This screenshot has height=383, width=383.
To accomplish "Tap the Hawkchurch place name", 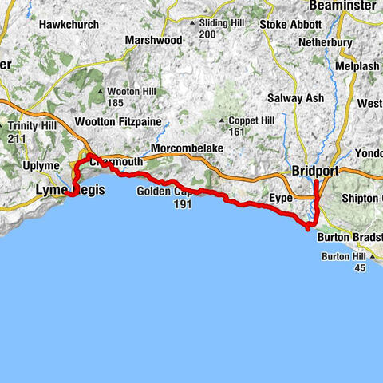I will tap(69, 25).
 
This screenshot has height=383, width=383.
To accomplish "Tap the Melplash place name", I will tap(360, 66).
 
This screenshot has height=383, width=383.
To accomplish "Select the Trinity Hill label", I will tap(28, 126).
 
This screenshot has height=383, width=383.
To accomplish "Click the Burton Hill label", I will tap(347, 256).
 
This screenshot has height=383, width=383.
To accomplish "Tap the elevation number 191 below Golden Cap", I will tap(183, 204).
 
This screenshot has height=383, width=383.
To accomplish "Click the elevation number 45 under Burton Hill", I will tap(360, 267).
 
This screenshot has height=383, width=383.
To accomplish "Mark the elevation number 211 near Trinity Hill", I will tap(18, 137).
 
